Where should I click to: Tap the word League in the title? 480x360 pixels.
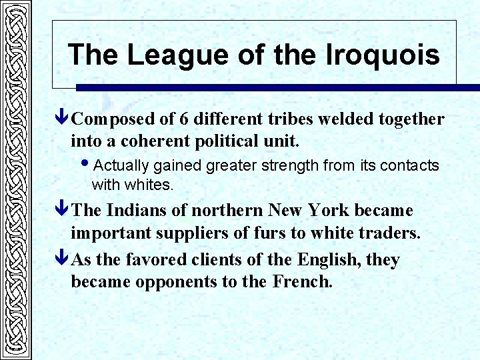pyautogui.click(x=167, y=55)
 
